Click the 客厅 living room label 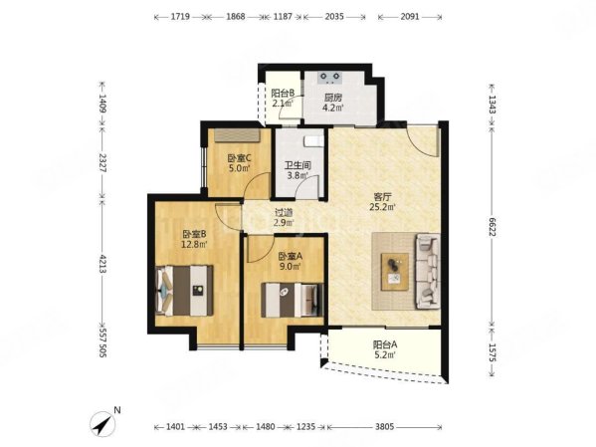pyautogui.click(x=382, y=197)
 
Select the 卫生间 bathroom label pyautogui.click(x=298, y=165)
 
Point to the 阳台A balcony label pyautogui.click(x=385, y=345)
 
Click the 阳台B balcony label pyautogui.click(x=283, y=93)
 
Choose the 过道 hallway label pyautogui.click(x=284, y=213)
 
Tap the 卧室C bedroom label pyautogui.click(x=239, y=158)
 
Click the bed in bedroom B pyautogui.click(x=184, y=291)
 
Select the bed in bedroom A pyautogui.click(x=292, y=300)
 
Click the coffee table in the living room pyautogui.click(x=395, y=272)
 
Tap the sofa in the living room pyautogui.click(x=428, y=271)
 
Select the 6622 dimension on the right pyautogui.click(x=492, y=227)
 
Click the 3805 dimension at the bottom pyautogui.click(x=384, y=427)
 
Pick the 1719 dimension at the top pyautogui.click(x=180, y=17)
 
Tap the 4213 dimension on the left pyautogui.click(x=101, y=263)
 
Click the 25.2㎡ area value pyautogui.click(x=382, y=207)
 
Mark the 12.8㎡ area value pyautogui.click(x=194, y=244)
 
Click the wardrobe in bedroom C pyautogui.click(x=237, y=135)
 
